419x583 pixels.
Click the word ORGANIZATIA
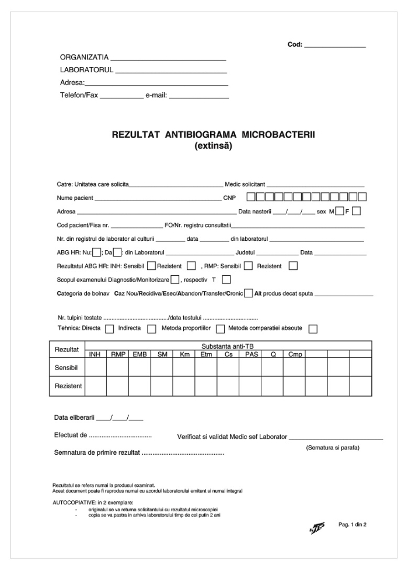point(84,58)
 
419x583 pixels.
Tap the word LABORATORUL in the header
point(87,70)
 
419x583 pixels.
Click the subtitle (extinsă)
point(212,146)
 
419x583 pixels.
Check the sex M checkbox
point(340,211)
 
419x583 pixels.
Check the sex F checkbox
point(357,211)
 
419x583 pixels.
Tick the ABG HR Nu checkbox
point(97,252)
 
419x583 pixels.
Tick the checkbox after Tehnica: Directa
point(109,329)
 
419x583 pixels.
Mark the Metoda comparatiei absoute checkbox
point(313,329)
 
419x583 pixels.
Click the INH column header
point(95,354)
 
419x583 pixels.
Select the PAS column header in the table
point(250,354)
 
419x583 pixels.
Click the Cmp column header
point(295,354)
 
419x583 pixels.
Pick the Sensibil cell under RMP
point(118,367)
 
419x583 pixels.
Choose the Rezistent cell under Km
point(184,386)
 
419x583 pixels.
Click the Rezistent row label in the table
point(68,386)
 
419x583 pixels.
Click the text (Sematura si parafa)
point(333,448)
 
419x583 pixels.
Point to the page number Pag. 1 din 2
point(352,525)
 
